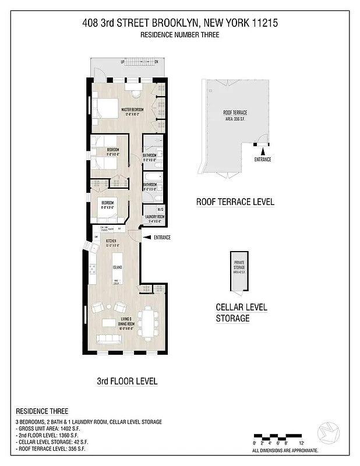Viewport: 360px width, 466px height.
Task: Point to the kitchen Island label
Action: tap(117, 267)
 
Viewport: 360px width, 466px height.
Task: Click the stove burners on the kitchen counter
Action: tap(91, 270)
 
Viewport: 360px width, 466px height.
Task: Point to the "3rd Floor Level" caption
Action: tap(127, 382)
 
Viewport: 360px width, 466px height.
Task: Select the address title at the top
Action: tap(180, 24)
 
